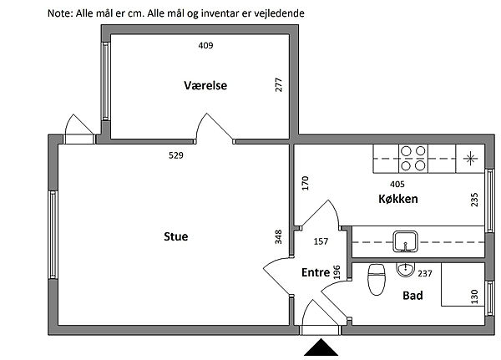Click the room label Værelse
click(x=205, y=85)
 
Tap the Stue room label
click(x=175, y=236)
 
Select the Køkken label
click(x=397, y=200)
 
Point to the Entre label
click(x=315, y=271)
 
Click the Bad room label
click(x=412, y=296)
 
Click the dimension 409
click(x=205, y=46)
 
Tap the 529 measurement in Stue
click(x=175, y=155)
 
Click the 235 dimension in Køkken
click(x=474, y=200)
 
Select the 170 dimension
click(x=306, y=182)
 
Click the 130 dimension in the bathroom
click(x=474, y=296)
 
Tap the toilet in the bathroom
click(x=376, y=278)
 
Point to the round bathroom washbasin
click(x=405, y=270)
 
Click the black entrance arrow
click(x=321, y=348)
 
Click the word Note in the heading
click(x=60, y=14)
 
